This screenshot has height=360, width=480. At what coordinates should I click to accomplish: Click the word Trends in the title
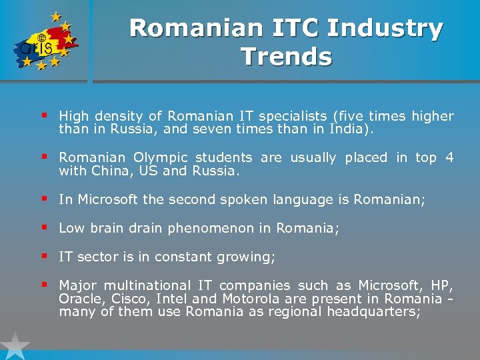click(287, 57)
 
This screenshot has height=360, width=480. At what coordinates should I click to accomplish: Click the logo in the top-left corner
click(43, 41)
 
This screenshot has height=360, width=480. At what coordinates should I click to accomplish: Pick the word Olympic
click(159, 158)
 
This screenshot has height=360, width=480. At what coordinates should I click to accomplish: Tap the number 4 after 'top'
click(449, 158)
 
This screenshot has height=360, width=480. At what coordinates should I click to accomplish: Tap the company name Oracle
click(77, 299)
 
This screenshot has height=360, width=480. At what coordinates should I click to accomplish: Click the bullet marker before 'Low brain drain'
click(44, 227)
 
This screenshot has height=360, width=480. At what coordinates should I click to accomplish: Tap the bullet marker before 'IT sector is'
click(44, 256)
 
